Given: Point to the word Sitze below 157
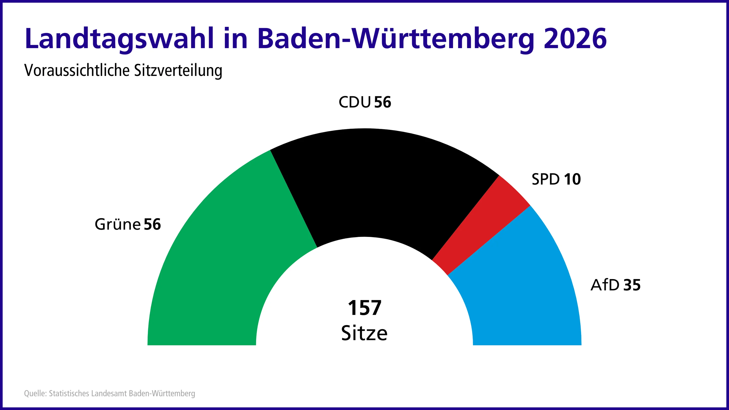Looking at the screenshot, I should click(x=364, y=333).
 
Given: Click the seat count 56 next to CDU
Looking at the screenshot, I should click(x=383, y=102).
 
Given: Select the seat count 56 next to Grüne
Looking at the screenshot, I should click(x=152, y=224).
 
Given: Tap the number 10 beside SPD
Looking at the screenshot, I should click(x=572, y=179).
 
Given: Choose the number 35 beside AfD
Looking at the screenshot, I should click(x=632, y=285).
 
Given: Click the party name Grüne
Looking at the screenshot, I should click(x=117, y=224).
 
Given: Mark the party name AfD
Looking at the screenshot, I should click(x=605, y=285).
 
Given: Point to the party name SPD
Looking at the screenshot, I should click(x=545, y=179).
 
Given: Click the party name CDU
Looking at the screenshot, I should click(x=355, y=102).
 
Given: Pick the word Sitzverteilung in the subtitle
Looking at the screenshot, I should click(x=178, y=70).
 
